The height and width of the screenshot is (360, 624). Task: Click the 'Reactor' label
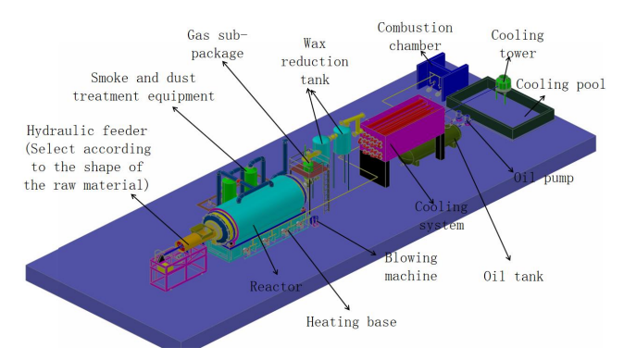pyautogui.click(x=276, y=286)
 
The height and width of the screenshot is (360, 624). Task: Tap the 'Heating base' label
pyautogui.click(x=352, y=321)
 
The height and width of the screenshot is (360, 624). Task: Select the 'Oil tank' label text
pyautogui.click(x=514, y=276)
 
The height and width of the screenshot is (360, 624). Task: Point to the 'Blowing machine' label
pyautogui.click(x=411, y=267)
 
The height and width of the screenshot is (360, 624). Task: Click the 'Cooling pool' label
pyautogui.click(x=561, y=84)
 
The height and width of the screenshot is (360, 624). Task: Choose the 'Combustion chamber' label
pyautogui.click(x=415, y=37)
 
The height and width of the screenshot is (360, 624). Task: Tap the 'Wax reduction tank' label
pyautogui.click(x=315, y=61)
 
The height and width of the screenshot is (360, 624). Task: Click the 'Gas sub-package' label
pyautogui.click(x=218, y=44)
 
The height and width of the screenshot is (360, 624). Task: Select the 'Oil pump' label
pyautogui.click(x=543, y=178)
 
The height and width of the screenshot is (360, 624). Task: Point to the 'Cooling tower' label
pyautogui.click(x=518, y=43)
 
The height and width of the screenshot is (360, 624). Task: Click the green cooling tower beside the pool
pyautogui.click(x=503, y=85)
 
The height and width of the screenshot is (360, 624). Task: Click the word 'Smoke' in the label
pyautogui.click(x=108, y=78)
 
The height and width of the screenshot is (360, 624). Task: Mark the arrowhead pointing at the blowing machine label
pyautogui.click(x=373, y=253)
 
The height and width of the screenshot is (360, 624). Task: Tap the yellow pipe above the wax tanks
pyautogui.click(x=352, y=119)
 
